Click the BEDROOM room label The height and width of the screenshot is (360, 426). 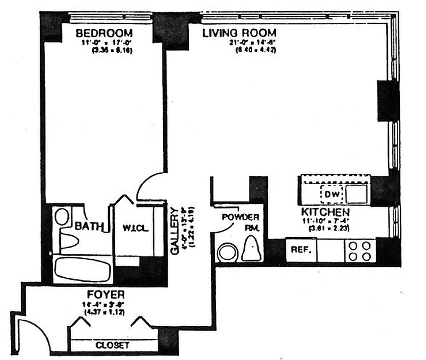[x=104, y=33]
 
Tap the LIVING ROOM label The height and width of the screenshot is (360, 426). [x=239, y=33]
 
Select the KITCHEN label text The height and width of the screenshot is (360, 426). [x=325, y=212]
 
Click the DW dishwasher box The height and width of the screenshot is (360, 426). [x=331, y=194]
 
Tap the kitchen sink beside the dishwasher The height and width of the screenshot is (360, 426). [x=357, y=194]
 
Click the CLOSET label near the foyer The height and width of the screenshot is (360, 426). [x=113, y=345]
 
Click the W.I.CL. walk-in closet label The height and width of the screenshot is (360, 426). [x=135, y=227]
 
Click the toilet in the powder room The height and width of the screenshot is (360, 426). [x=251, y=250]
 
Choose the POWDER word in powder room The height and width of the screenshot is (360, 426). [x=240, y=217]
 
